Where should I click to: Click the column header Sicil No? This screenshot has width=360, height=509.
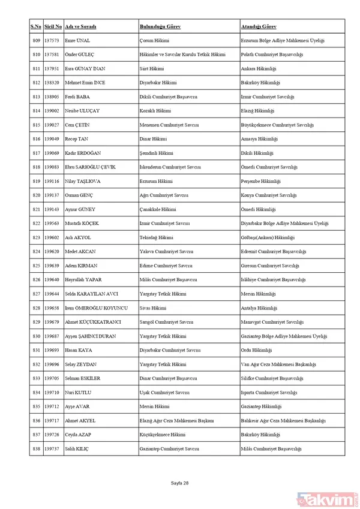point(52,28)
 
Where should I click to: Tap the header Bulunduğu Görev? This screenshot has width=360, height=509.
point(160,28)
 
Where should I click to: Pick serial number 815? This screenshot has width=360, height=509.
point(36,125)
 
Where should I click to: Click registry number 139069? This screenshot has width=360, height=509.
point(52,153)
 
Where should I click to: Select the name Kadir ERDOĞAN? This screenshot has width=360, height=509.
point(84,153)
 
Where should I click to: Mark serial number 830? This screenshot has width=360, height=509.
point(36,336)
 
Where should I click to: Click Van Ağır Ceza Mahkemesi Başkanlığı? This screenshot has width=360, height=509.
point(274,365)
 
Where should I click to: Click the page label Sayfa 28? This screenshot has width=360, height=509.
point(179,483)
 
